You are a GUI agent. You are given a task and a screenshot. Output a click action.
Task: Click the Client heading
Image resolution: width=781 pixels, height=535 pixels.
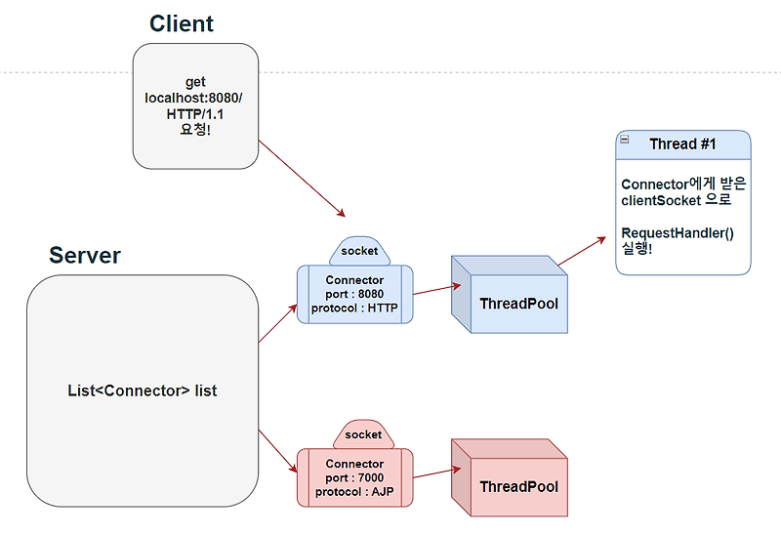182,23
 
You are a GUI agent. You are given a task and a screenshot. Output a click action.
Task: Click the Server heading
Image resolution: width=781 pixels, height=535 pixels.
85,256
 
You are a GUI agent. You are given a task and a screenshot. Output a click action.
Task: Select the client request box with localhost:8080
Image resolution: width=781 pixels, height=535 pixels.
195,105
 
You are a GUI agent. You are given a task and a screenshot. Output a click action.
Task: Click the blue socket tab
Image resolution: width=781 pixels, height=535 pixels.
358,251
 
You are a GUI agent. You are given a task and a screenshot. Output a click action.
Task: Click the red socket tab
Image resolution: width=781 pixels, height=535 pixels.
363,434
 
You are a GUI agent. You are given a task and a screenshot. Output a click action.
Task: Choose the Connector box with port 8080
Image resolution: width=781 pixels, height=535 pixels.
354,295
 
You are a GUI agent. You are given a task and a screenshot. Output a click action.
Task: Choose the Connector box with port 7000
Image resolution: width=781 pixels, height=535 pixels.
354,477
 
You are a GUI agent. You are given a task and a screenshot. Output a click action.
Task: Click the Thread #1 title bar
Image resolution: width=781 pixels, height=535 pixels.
682,144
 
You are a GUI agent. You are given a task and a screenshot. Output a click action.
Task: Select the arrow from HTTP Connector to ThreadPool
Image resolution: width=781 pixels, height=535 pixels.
435,289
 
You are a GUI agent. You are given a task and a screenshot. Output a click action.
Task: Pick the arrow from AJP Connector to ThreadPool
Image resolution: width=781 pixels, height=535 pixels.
432,474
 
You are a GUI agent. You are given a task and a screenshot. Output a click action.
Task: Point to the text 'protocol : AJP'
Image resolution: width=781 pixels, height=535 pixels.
354,492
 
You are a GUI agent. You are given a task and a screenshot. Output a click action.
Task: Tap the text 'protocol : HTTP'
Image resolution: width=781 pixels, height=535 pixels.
354,309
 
